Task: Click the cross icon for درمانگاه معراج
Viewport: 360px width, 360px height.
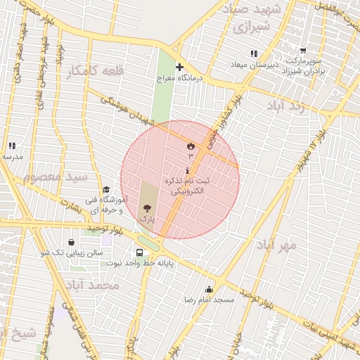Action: coord(179,67)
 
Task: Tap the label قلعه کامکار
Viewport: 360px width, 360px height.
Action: coord(94,72)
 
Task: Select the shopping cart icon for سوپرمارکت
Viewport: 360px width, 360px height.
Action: coord(303,51)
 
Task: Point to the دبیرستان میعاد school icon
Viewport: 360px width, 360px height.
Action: coord(254,53)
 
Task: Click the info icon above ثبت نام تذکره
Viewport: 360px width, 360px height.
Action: coord(187,170)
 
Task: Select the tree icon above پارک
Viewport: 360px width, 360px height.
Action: coord(147,207)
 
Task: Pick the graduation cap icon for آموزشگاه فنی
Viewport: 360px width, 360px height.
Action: coord(106,189)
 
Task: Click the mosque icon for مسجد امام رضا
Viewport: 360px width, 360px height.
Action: coord(209,289)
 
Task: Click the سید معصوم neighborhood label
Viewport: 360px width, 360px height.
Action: coord(55,176)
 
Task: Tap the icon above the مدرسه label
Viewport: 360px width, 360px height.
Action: coord(12,146)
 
